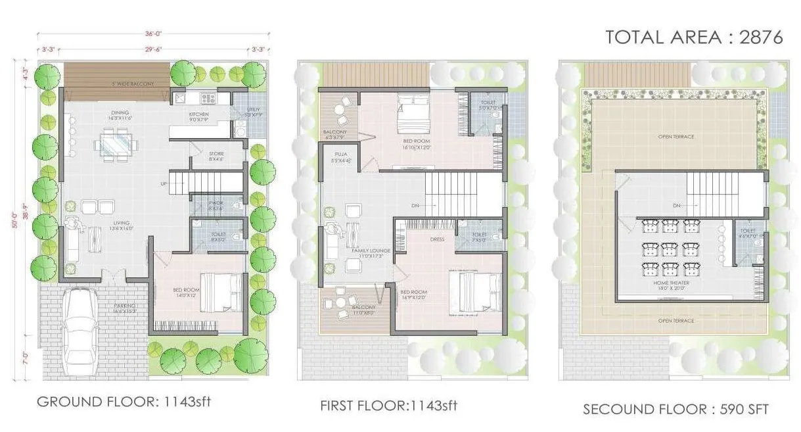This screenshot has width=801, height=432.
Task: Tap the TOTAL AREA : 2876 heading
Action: [694, 37]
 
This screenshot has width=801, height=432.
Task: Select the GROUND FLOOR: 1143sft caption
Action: [124, 402]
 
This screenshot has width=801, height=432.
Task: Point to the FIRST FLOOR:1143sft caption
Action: [388, 405]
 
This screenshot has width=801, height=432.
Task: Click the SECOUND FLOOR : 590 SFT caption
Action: [675, 409]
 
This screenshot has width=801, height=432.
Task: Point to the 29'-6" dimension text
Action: [154, 49]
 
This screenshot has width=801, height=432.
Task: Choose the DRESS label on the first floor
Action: [438, 239]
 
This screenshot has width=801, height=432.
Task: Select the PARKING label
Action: [124, 305]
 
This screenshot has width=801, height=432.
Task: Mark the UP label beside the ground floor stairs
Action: [162, 183]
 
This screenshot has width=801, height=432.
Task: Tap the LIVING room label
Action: [120, 223]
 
